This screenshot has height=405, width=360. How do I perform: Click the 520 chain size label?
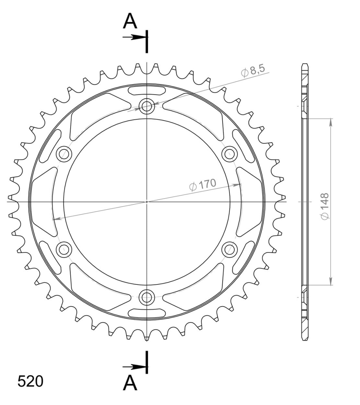30,381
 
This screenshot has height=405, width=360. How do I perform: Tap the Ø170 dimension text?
202,185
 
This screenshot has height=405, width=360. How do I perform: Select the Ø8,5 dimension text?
253,71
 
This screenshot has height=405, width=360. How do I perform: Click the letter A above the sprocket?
130,21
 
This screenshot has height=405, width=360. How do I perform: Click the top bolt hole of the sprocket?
147,106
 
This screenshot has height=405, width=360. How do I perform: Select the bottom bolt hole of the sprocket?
147,297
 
